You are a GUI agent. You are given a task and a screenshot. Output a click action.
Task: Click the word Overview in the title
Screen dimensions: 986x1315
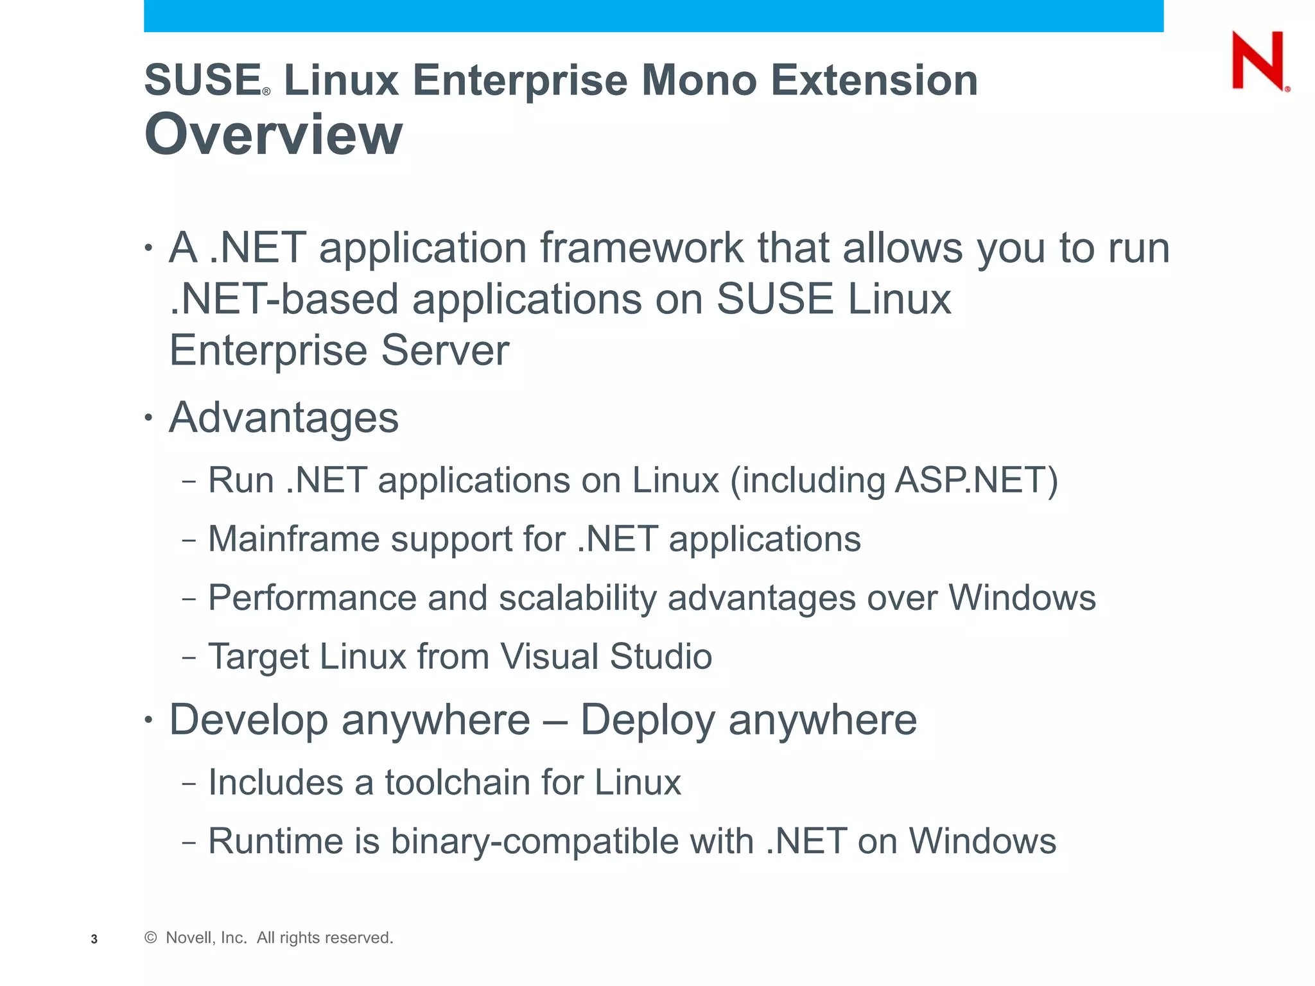[274, 134]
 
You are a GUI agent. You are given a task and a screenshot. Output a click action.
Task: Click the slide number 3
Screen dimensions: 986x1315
[94, 939]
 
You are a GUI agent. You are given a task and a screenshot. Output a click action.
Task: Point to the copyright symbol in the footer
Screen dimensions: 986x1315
[151, 938]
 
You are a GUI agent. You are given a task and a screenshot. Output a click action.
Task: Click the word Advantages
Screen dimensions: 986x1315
[284, 418]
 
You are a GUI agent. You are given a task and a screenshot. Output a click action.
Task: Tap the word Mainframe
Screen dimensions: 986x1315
[293, 539]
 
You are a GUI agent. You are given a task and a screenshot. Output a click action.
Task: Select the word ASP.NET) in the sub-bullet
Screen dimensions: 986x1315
[976, 480]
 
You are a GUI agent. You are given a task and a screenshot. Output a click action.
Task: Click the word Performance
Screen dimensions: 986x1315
[312, 598]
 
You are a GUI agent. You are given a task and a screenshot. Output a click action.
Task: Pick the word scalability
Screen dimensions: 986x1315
[577, 598]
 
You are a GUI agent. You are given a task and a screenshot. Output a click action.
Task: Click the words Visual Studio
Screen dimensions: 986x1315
[606, 657]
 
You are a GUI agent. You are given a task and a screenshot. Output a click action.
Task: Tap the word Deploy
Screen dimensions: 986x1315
[647, 720]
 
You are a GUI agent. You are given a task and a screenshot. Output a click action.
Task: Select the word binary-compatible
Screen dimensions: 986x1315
[534, 842]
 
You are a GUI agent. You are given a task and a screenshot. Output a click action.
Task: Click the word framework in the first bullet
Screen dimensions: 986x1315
[641, 248]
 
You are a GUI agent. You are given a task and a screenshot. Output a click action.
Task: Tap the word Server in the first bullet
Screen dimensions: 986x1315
[445, 350]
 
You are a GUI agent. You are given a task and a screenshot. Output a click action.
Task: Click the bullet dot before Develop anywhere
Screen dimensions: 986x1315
[149, 720]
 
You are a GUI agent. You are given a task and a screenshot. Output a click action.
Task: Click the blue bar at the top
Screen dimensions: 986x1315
[653, 15]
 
